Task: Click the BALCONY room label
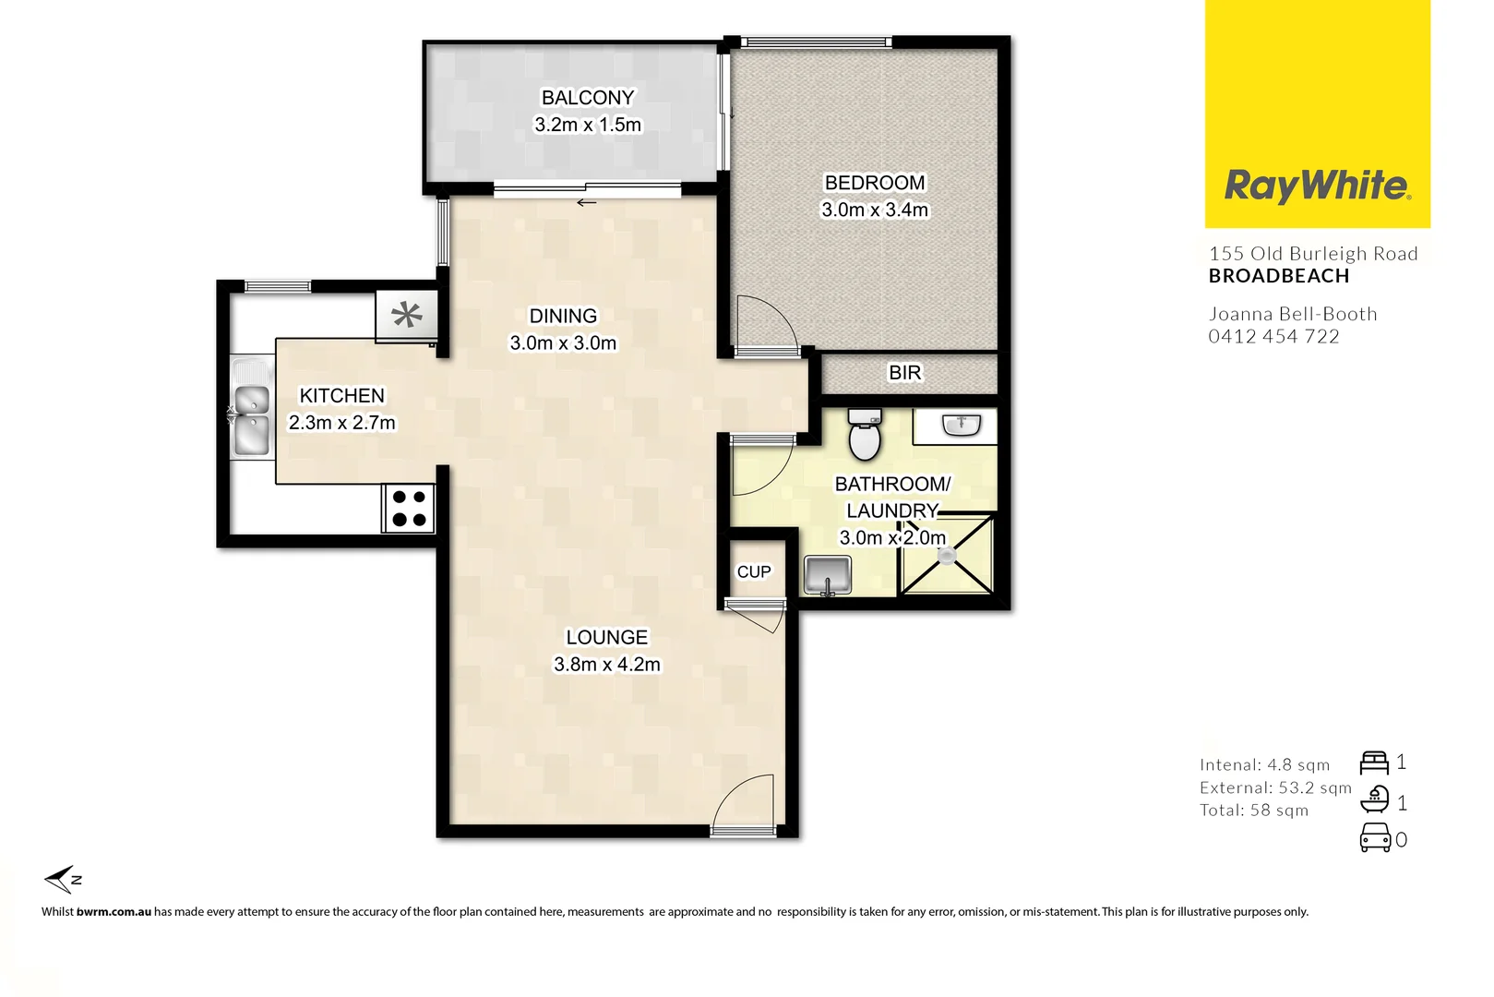click(x=588, y=98)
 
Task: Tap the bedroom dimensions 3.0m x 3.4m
click(x=875, y=210)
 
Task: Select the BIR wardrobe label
click(x=904, y=373)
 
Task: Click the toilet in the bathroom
click(x=865, y=435)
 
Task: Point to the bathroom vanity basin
click(x=961, y=425)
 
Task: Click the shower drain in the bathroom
click(x=947, y=556)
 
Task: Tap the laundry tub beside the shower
click(x=828, y=575)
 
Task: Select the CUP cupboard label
click(x=754, y=572)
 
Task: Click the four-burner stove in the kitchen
click(x=409, y=509)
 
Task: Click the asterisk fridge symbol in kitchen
click(x=406, y=316)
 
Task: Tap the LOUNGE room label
click(x=606, y=638)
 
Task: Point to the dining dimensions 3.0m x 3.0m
click(x=563, y=343)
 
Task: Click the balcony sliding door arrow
click(x=586, y=203)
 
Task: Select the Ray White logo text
click(x=1317, y=186)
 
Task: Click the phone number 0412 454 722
click(x=1273, y=337)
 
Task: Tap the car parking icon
click(x=1375, y=838)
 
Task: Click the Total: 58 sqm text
click(x=1253, y=811)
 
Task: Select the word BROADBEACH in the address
click(x=1279, y=276)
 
